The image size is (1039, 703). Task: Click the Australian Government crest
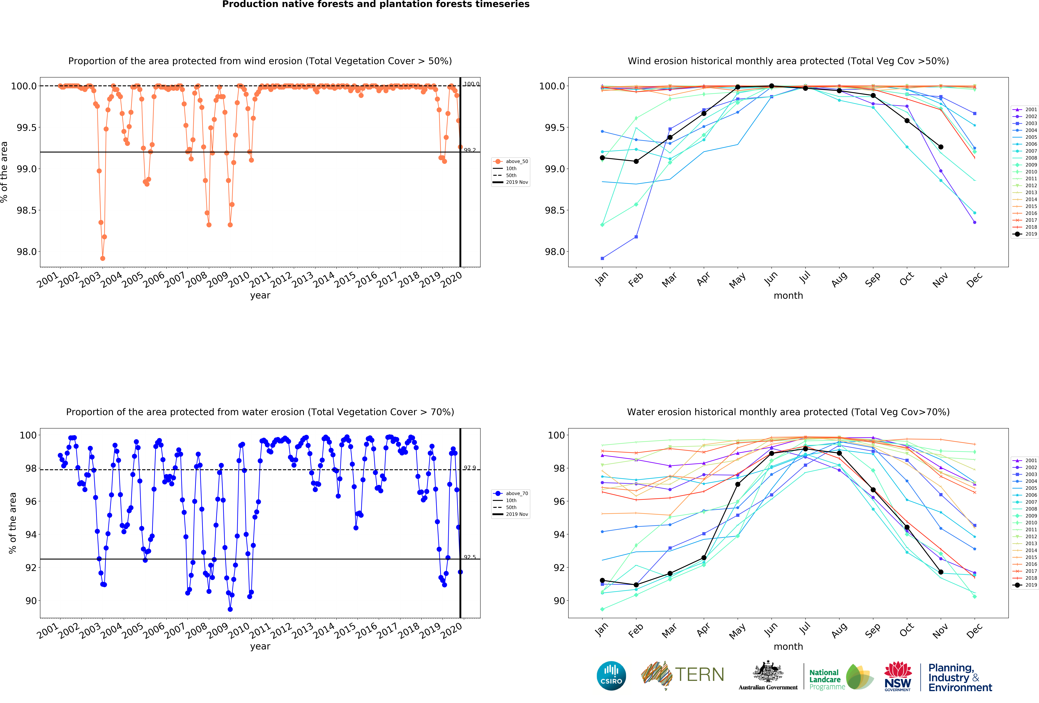(x=768, y=671)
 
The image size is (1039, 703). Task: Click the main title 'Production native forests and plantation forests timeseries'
(x=376, y=5)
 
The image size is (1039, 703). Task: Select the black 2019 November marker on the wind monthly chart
(x=941, y=147)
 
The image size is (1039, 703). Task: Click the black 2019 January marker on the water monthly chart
(x=602, y=580)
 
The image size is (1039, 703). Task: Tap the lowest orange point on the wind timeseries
(x=103, y=258)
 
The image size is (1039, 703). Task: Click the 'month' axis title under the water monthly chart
(x=788, y=647)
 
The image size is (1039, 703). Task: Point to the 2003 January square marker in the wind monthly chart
(x=602, y=258)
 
